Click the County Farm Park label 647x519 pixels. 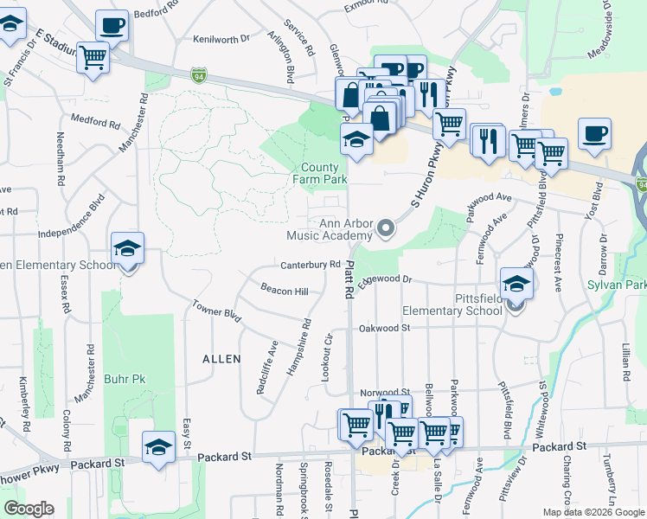pyautogui.click(x=323, y=174)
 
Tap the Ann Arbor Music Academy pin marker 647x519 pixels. pyautogui.click(x=386, y=229)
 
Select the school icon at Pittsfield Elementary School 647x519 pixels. pyautogui.click(x=516, y=283)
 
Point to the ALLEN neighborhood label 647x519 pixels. pyautogui.click(x=221, y=358)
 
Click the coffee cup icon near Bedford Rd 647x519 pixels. pyautogui.click(x=112, y=26)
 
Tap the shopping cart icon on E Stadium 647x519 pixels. pyautogui.click(x=93, y=58)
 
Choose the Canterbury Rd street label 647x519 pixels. pyautogui.click(x=310, y=265)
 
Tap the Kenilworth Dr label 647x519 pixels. pyautogui.click(x=221, y=39)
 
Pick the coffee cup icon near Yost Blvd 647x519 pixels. pyautogui.click(x=594, y=134)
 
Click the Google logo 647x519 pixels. pyautogui.click(x=29, y=509)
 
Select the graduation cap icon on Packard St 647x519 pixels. pyautogui.click(x=158, y=447)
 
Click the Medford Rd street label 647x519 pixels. pyautogui.click(x=95, y=122)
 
